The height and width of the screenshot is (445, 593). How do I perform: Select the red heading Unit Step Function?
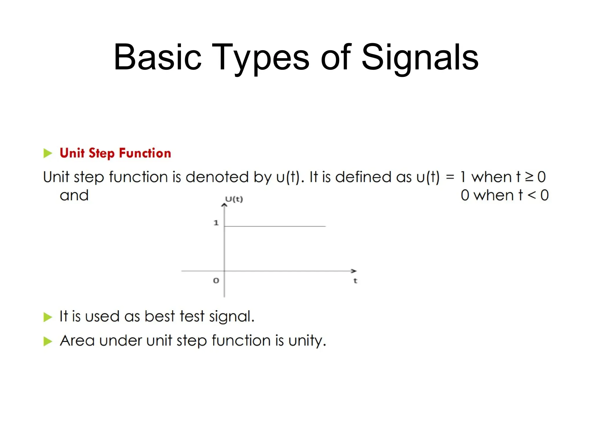115,153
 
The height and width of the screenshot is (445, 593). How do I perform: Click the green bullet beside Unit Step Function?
47,153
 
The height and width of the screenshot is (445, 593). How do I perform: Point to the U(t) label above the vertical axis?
234,199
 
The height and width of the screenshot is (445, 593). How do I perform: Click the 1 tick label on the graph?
216,223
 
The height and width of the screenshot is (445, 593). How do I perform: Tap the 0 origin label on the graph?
216,280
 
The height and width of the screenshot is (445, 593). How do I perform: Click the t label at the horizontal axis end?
355,280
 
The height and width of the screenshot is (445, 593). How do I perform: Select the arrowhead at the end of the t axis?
354,271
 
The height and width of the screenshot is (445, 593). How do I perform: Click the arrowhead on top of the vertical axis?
224,205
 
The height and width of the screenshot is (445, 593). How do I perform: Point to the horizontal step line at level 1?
275,226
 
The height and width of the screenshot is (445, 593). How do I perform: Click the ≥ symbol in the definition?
529,177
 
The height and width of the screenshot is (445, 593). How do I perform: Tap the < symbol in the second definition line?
532,195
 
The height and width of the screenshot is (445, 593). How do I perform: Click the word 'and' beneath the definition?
74,195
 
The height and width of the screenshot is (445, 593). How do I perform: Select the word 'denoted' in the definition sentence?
217,177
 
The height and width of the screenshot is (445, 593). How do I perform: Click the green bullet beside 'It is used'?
47,317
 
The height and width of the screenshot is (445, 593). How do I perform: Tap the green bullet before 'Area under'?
47,341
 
